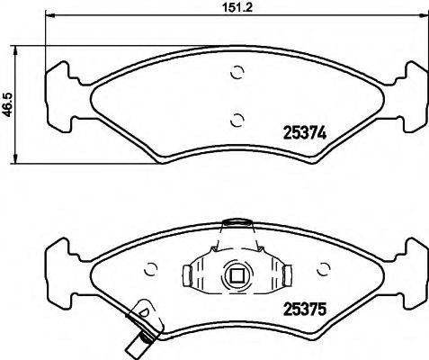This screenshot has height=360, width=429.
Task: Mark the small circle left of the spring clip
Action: point(151,268)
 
